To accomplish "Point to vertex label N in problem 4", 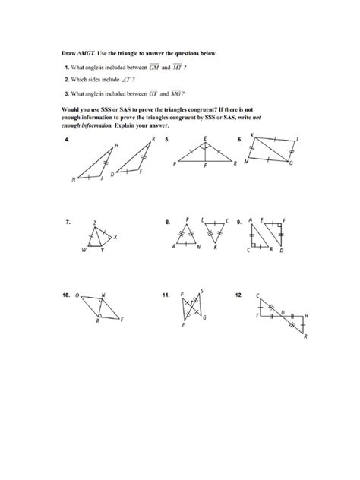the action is [x=74, y=179].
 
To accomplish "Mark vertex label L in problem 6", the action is [x=297, y=140].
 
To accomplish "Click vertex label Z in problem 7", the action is [x=94, y=223].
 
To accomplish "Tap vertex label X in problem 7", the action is [x=115, y=236].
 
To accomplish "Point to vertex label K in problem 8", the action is [x=215, y=248].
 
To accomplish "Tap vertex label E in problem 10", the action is [x=123, y=320].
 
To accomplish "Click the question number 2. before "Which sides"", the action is [x=66, y=79].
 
